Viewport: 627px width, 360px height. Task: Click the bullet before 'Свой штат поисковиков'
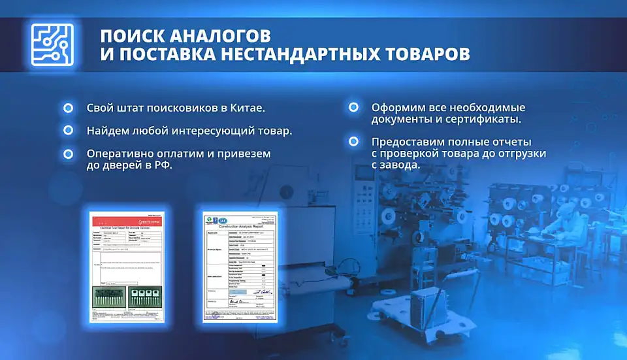coord(68,108)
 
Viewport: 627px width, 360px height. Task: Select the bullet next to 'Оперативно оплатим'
coord(68,154)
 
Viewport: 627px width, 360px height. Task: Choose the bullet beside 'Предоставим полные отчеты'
coord(353,141)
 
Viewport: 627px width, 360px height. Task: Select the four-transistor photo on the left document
coord(142,297)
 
